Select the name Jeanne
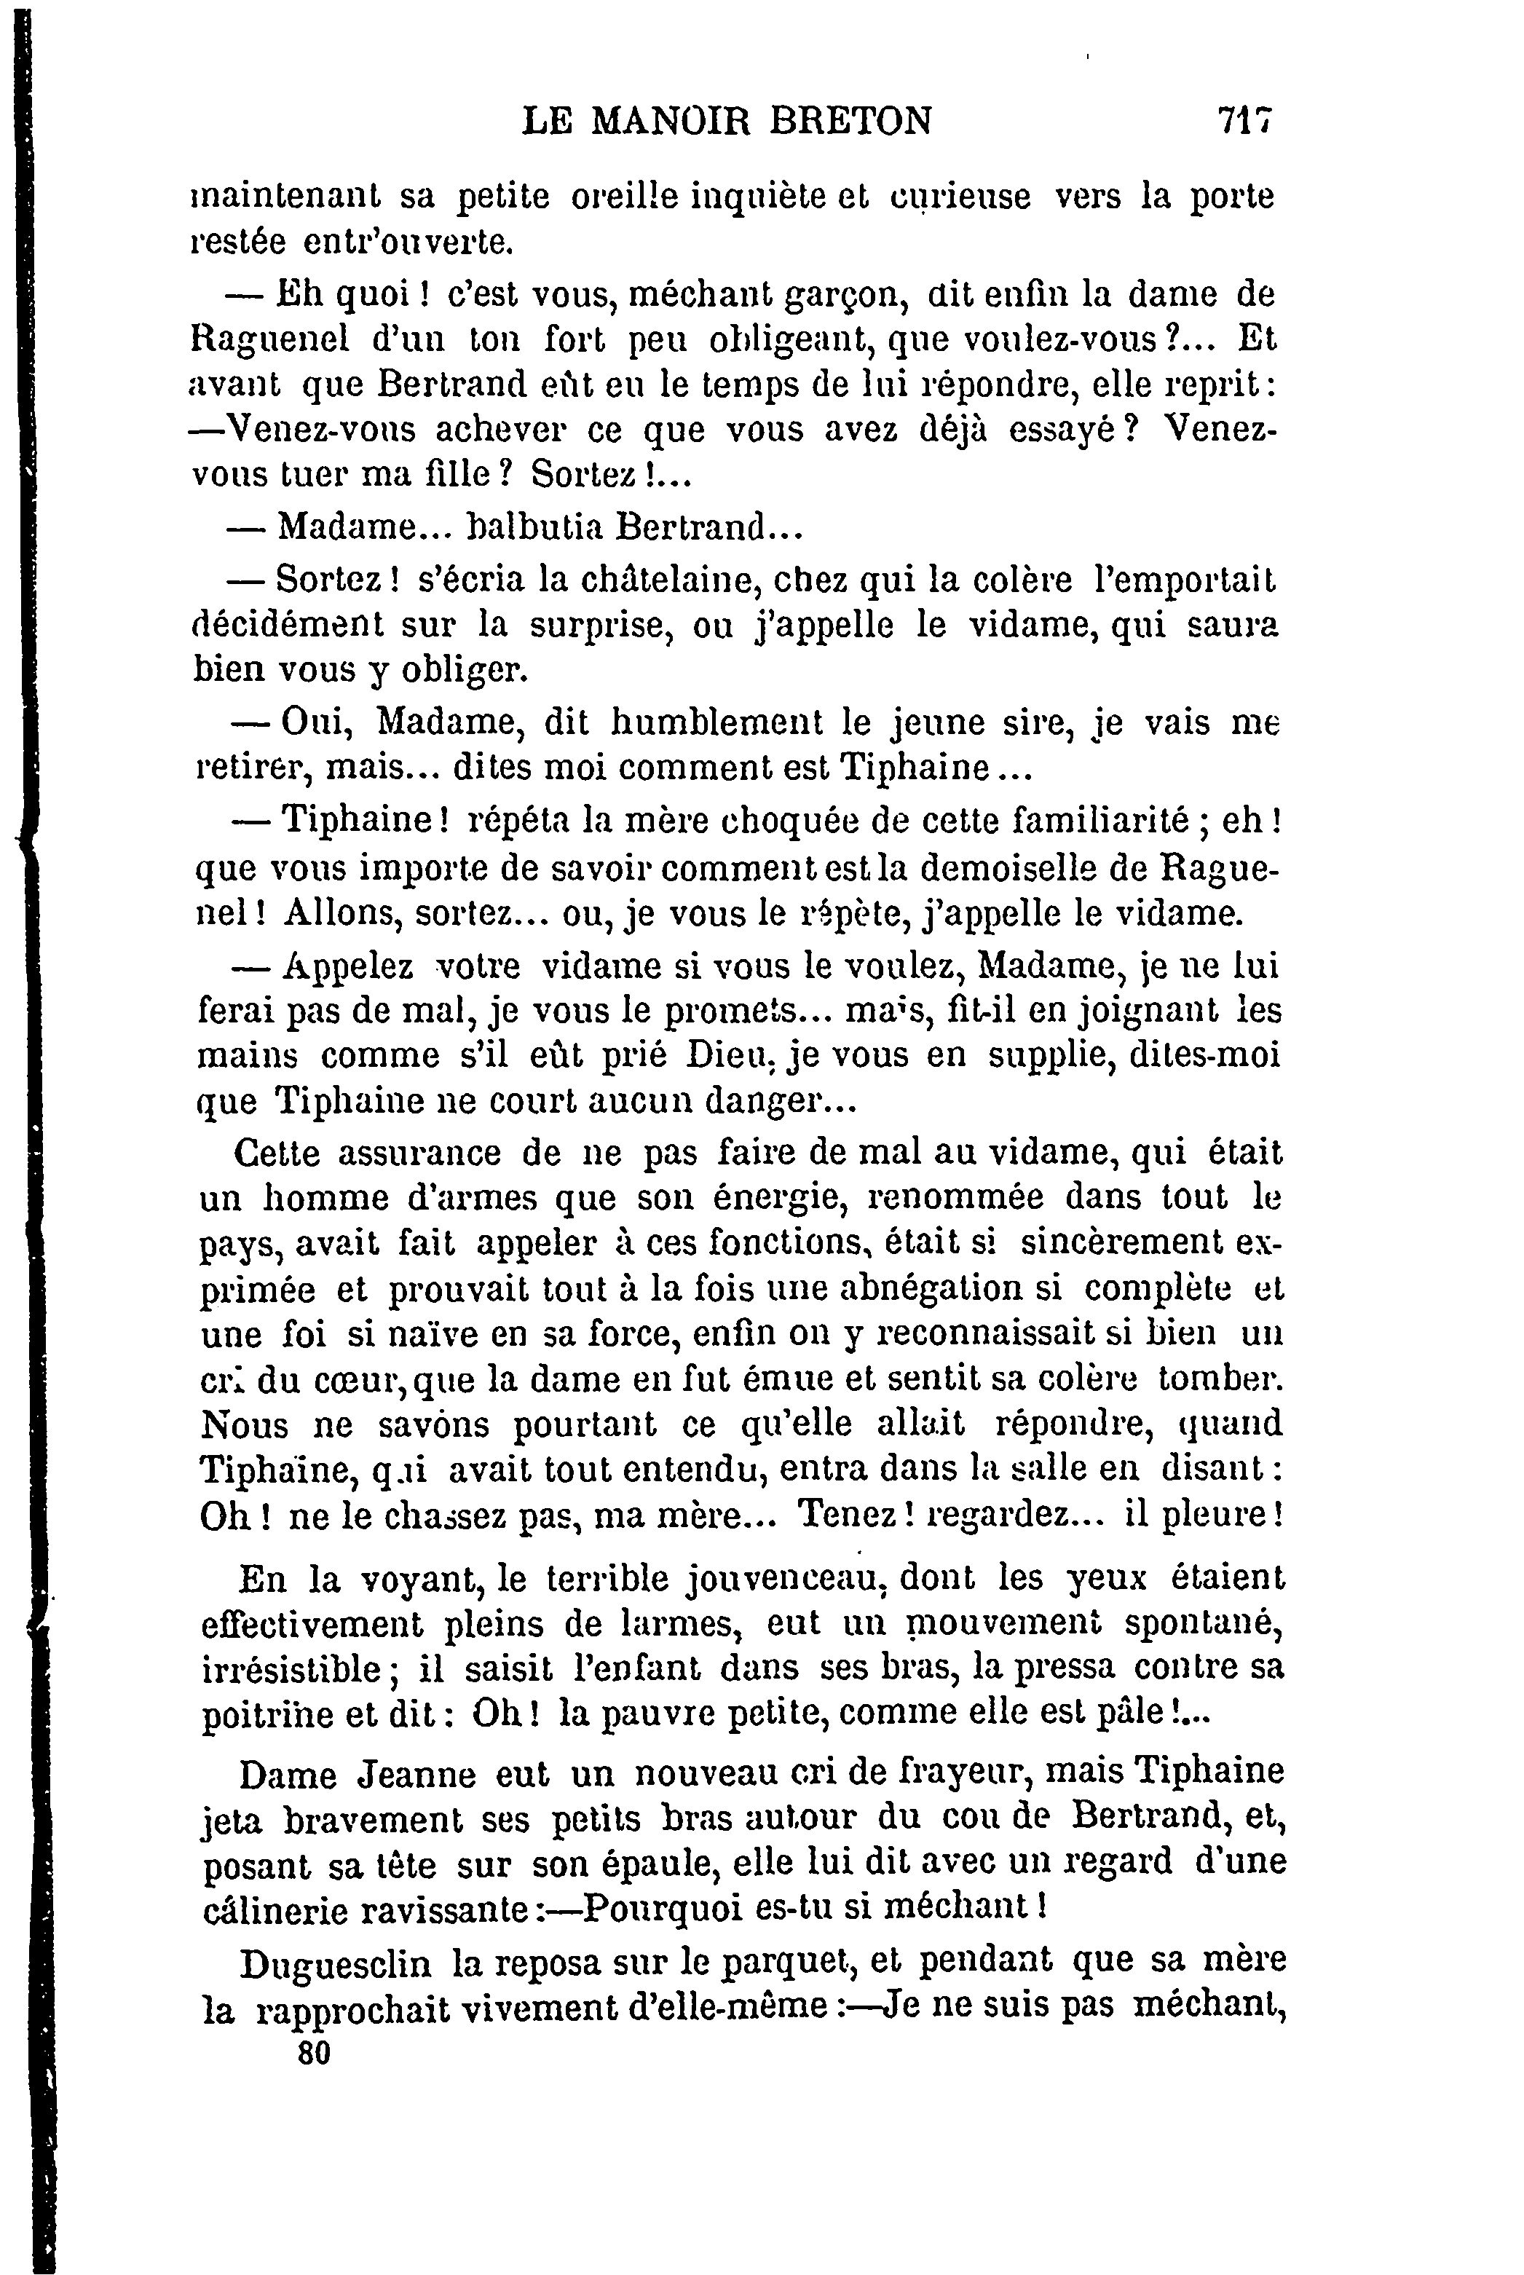(x=417, y=1775)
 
